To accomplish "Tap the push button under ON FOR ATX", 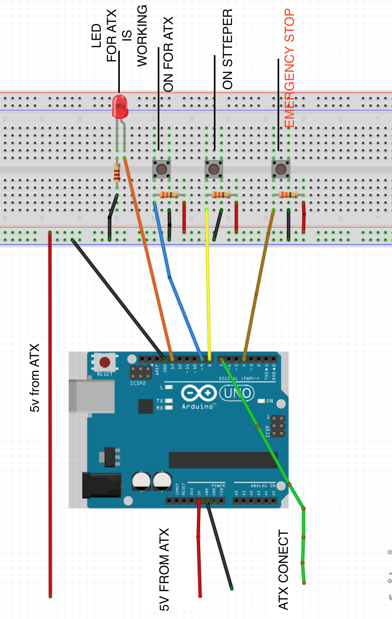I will point(162,169).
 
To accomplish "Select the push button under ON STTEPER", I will point(214,169).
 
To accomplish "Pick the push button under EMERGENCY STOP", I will point(281,169).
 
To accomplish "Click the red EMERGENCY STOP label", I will point(289,68).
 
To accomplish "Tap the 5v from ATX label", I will point(35,378).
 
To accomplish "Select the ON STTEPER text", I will point(228,49).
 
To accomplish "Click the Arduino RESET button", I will point(105,362).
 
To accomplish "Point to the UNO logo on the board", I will point(237,393).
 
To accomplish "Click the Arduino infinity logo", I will point(199,393).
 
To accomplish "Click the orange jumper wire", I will point(148,255).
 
